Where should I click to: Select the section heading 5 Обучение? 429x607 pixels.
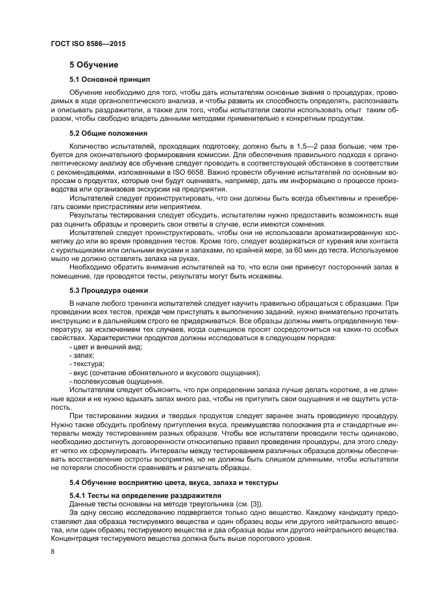pyautogui.click(x=94, y=65)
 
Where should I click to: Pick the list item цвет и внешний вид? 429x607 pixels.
pyautogui.click(x=105, y=347)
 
